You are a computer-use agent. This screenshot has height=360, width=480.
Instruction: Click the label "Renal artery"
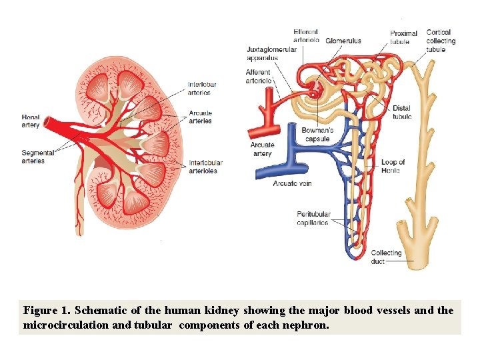[31, 121]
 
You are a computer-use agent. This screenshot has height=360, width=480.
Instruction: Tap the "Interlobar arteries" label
[202, 88]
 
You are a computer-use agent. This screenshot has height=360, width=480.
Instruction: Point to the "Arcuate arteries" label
[200, 117]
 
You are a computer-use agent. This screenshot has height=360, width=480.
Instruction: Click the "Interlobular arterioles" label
[205, 167]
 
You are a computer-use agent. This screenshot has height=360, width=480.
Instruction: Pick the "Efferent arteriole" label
[306, 36]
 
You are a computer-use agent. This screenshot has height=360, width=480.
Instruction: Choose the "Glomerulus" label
[343, 41]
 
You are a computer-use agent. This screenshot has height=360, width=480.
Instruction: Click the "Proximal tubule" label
[403, 37]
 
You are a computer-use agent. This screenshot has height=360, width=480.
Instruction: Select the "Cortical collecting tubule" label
[440, 41]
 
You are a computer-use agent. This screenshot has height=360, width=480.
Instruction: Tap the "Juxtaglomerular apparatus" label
[271, 53]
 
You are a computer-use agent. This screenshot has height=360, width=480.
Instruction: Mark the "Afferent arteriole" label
[258, 76]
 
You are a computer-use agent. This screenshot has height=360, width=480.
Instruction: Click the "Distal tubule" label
[402, 112]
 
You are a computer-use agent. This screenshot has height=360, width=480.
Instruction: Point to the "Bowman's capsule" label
[317, 135]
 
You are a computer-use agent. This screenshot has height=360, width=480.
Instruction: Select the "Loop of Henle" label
[393, 166]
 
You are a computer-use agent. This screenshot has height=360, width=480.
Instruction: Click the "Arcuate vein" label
[292, 183]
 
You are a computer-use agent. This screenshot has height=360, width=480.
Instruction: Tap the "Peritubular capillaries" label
[313, 218]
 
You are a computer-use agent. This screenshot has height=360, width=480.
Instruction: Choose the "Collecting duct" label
[386, 257]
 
